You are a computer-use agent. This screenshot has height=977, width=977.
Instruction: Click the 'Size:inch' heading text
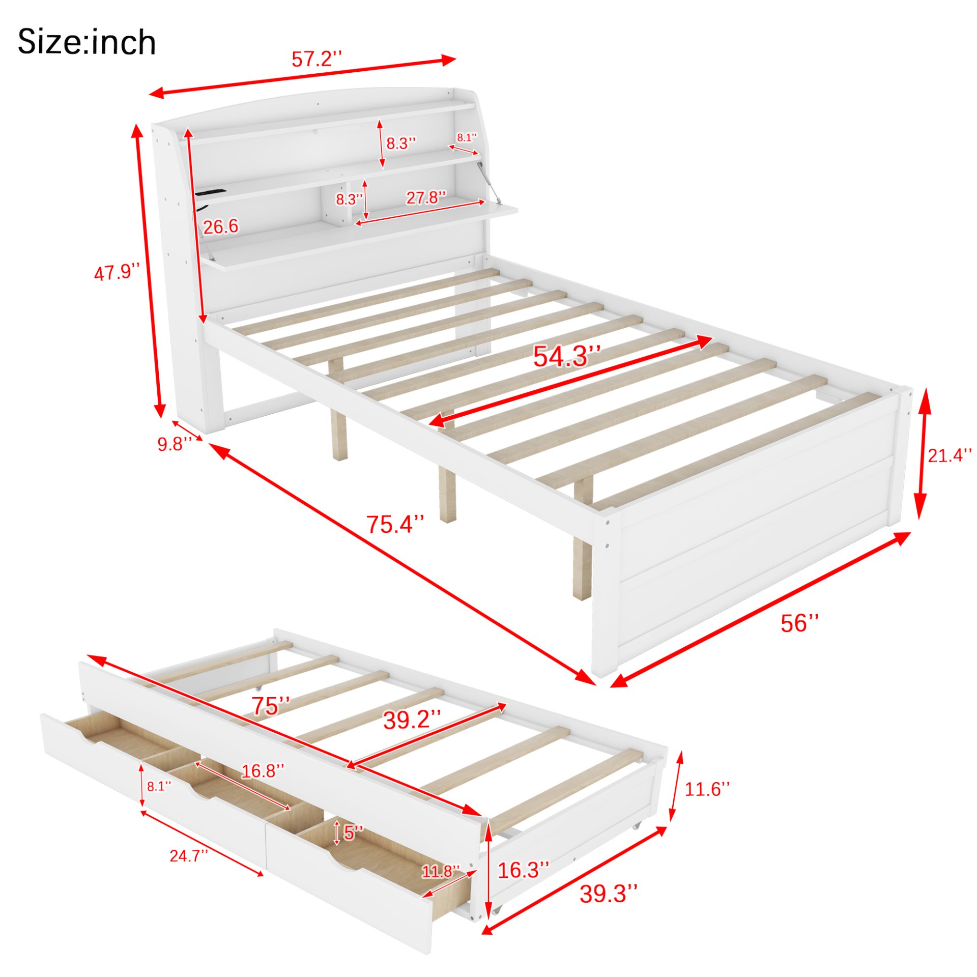click(x=87, y=42)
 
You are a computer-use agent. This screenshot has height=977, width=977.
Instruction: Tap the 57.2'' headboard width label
click(x=316, y=59)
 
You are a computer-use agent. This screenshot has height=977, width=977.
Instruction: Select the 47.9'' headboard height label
click(x=117, y=272)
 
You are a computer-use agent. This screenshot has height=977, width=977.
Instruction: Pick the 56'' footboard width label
click(x=799, y=623)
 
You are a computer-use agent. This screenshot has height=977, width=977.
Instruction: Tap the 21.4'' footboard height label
click(x=950, y=455)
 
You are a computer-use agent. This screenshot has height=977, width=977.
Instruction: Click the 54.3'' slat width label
click(x=567, y=356)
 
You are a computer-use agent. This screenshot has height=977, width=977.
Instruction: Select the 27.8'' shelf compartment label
click(x=425, y=197)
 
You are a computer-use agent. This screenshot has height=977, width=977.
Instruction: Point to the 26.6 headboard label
click(x=220, y=226)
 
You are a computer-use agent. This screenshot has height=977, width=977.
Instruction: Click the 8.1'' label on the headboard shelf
click(x=466, y=137)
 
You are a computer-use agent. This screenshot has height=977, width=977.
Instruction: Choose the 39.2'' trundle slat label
click(x=412, y=720)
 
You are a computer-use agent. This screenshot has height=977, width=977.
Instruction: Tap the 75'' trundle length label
click(x=271, y=706)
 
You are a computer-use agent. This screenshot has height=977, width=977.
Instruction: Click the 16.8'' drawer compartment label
click(x=262, y=771)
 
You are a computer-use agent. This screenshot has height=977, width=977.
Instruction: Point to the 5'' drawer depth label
click(x=353, y=833)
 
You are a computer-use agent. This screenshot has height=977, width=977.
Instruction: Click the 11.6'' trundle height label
click(x=707, y=789)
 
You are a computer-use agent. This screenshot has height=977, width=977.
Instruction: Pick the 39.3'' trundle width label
click(x=608, y=894)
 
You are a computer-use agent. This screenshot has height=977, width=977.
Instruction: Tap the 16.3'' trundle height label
click(x=523, y=870)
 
